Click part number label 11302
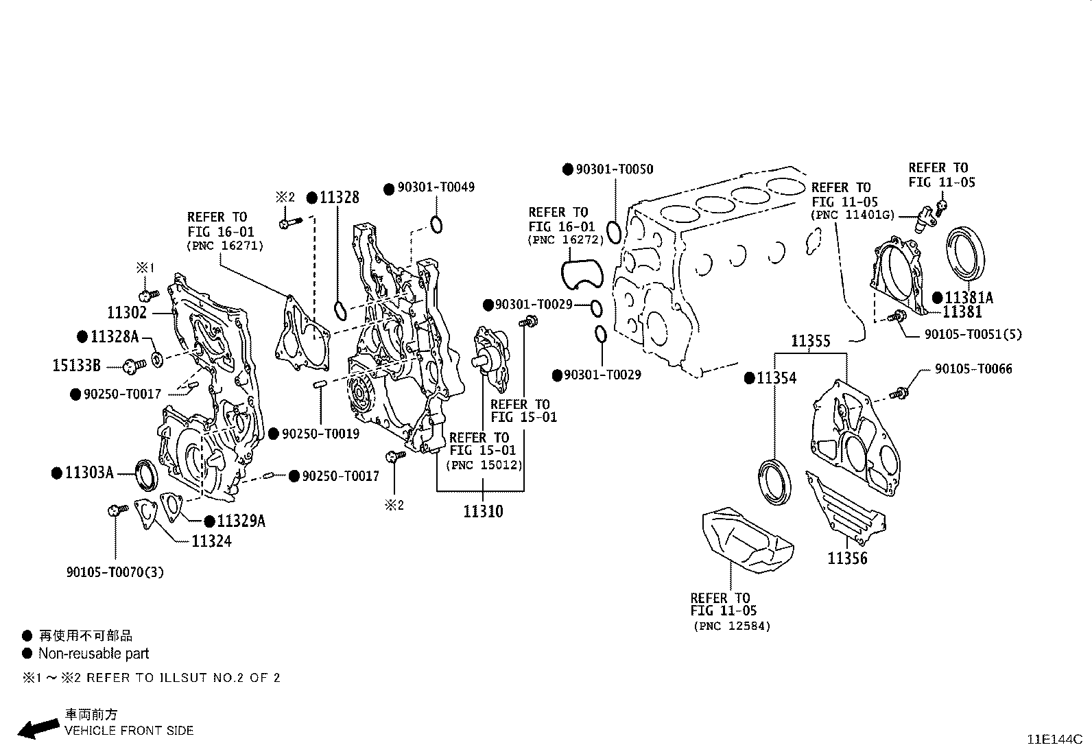127,313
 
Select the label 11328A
115,336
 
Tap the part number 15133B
76,366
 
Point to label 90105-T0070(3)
115,572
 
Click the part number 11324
211,541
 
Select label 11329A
241,521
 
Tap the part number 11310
482,511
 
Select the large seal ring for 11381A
967,255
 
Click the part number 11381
962,312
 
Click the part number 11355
810,341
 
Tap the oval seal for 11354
774,484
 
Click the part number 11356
847,558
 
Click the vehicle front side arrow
38,728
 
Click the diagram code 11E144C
1054,740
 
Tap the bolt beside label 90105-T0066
899,393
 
